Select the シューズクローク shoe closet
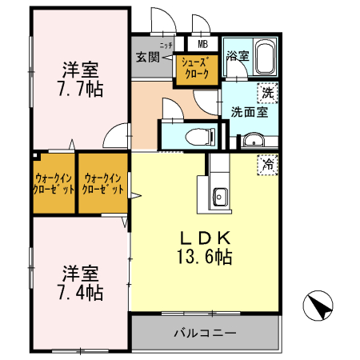[x=196, y=69]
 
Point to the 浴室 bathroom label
[x=238, y=56]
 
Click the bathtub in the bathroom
[x=264, y=59]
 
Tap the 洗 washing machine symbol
[x=269, y=92]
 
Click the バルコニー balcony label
[x=205, y=332]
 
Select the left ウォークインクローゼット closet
[x=54, y=184]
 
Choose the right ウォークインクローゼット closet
[x=102, y=184]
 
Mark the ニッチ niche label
[x=166, y=46]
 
